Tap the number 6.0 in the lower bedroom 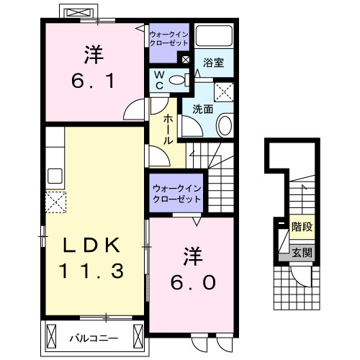coord(192,283)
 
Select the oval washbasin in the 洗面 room coord(225,127)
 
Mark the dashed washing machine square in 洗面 coord(224,91)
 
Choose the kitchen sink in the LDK coord(55,175)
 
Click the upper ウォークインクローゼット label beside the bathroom coord(168,38)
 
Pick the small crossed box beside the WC coord(186,60)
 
